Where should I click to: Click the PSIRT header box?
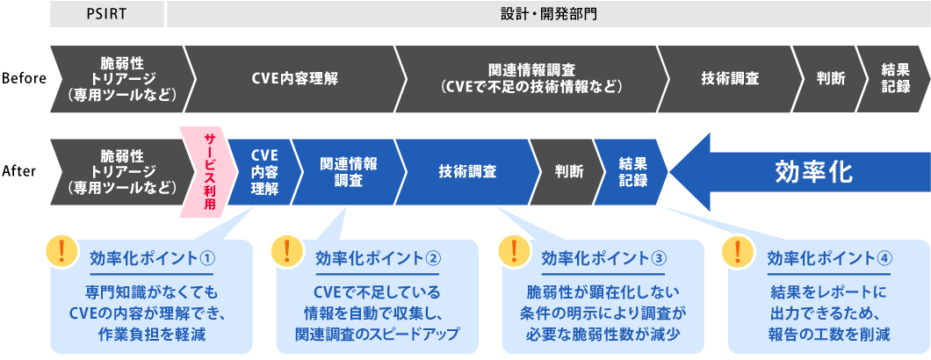click(107, 15)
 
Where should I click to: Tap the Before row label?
click(24, 78)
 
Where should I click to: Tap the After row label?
click(22, 171)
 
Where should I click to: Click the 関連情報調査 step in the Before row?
click(531, 78)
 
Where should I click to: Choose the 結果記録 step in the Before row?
click(894, 78)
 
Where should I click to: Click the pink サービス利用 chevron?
click(207, 171)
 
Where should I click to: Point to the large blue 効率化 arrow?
click(799, 171)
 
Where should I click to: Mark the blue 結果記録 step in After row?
click(632, 171)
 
